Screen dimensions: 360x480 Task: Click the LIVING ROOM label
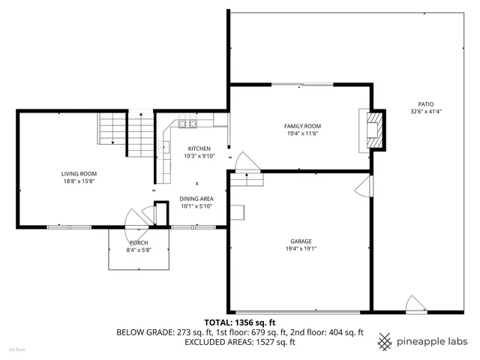pyautogui.click(x=79, y=173)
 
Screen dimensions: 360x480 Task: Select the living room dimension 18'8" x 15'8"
pyautogui.click(x=79, y=181)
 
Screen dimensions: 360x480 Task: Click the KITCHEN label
pyautogui.click(x=199, y=148)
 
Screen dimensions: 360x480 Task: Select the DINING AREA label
pyautogui.click(x=196, y=199)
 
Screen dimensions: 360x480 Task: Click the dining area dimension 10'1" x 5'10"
pyautogui.click(x=196, y=206)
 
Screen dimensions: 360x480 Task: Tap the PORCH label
pyautogui.click(x=139, y=243)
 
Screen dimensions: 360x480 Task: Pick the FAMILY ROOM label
pyautogui.click(x=302, y=126)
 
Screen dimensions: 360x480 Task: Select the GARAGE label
pyautogui.click(x=301, y=241)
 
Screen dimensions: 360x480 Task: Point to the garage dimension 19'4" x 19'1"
pyautogui.click(x=301, y=249)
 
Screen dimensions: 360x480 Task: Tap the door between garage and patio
pyautogui.click(x=364, y=186)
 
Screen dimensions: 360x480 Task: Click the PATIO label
pyautogui.click(x=425, y=104)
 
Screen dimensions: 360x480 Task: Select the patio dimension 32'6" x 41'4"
pyautogui.click(x=425, y=112)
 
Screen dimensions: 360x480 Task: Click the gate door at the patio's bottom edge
pyautogui.click(x=414, y=304)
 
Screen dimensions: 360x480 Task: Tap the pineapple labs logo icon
pyautogui.click(x=385, y=340)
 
